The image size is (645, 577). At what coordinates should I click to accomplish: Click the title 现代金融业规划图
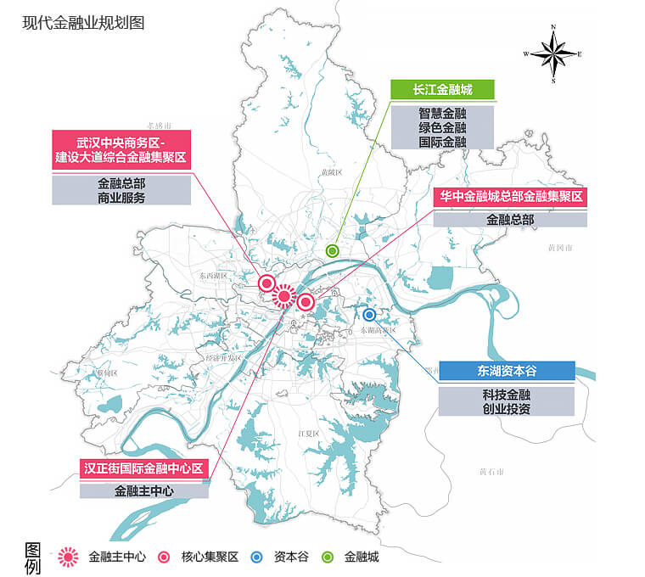tap(83, 23)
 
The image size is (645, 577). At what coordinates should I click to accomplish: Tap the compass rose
tap(553, 53)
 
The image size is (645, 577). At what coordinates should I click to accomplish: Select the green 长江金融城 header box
tap(442, 89)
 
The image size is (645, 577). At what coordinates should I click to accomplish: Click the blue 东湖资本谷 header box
tap(507, 371)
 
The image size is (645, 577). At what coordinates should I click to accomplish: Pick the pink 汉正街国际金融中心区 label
tap(144, 468)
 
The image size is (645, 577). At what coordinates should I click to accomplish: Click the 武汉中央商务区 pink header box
tap(121, 149)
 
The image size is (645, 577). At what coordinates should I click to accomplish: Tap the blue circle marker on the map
tap(369, 314)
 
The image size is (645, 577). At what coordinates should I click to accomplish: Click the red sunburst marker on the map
tap(284, 296)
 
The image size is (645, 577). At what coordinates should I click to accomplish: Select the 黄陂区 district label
tap(331, 172)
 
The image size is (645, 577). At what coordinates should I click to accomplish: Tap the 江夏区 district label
tap(307, 434)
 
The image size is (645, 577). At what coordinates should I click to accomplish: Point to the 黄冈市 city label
tap(560, 248)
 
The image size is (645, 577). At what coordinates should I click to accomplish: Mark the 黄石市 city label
tap(491, 471)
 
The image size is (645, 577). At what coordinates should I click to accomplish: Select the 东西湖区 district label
tap(210, 276)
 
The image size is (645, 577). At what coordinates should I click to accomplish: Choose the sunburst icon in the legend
tap(68, 557)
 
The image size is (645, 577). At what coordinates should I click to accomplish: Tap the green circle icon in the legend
tap(327, 557)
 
